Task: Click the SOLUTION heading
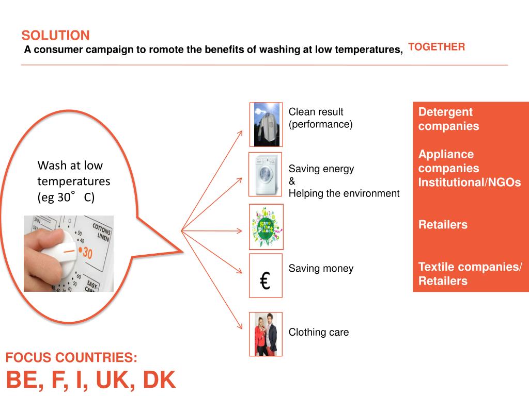point(55,36)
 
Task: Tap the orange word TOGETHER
point(437,47)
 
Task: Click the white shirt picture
point(266,124)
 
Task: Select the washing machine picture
point(266,174)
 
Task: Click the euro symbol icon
point(266,280)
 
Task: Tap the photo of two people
point(266,334)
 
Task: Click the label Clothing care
point(319,332)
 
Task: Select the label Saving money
point(321,268)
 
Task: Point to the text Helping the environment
point(344,193)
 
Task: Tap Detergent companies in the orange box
point(448,119)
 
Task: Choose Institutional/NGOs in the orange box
point(470,182)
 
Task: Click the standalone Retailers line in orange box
point(443,225)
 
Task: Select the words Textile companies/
point(470,267)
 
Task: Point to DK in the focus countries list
point(159,380)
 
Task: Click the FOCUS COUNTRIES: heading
point(72,358)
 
